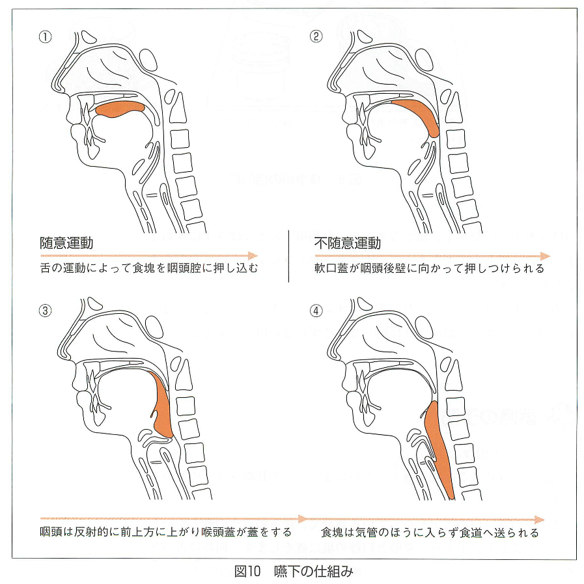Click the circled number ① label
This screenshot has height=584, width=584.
[45, 37]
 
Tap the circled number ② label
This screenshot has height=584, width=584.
[316, 36]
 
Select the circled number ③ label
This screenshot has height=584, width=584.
[45, 311]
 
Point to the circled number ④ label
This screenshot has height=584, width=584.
[316, 311]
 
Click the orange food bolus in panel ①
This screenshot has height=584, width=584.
[120, 109]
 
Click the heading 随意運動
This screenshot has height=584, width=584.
[66, 243]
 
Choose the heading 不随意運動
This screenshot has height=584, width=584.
[348, 243]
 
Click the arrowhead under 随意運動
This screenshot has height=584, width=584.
[253, 255]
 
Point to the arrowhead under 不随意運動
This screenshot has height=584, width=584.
[546, 256]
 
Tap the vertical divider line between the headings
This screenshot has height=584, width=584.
[288, 257]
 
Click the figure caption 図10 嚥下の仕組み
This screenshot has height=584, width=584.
[294, 571]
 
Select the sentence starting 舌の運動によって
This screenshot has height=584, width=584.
[148, 268]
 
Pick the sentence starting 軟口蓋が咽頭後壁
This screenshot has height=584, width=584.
[430, 268]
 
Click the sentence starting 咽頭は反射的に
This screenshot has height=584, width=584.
[166, 532]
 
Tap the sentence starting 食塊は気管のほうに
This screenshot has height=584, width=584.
[430, 533]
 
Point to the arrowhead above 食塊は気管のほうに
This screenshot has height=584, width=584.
[539, 520]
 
